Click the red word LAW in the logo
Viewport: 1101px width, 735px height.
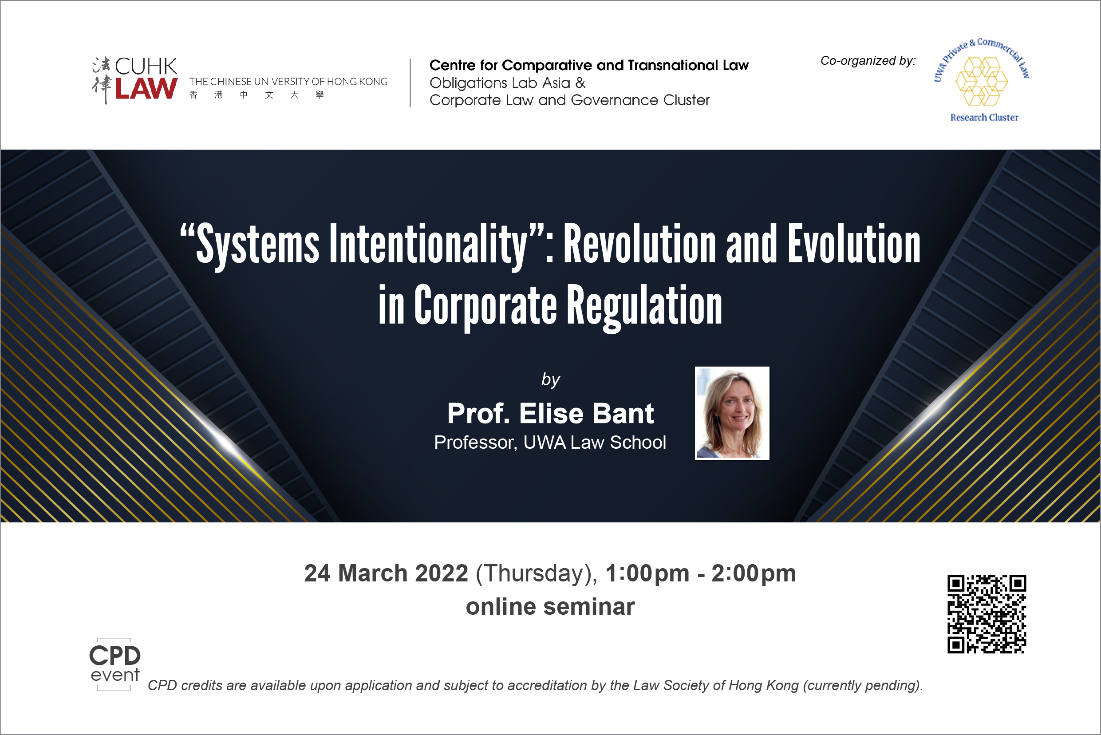click(146, 89)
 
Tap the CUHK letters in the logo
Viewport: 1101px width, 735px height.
click(146, 67)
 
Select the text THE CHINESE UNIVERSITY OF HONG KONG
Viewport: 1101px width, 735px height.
click(288, 82)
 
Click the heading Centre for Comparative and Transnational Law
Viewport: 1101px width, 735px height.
click(589, 65)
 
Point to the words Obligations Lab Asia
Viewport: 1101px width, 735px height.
click(500, 83)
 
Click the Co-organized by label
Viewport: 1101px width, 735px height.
click(868, 60)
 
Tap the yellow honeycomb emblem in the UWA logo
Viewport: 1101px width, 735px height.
click(982, 81)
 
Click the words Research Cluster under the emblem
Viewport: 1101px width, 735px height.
click(984, 117)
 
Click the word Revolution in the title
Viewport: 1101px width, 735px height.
click(639, 244)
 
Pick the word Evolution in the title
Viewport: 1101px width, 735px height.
click(854, 244)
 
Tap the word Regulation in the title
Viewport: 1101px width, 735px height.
click(644, 307)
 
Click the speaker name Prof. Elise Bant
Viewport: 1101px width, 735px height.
click(550, 414)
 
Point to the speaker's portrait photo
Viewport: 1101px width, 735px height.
click(732, 413)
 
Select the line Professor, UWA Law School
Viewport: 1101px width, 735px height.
click(550, 443)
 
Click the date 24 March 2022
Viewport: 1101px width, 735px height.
click(386, 573)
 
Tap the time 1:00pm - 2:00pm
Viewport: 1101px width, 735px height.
click(700, 573)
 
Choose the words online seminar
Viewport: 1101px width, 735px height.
click(550, 607)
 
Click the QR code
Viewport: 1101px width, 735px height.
click(987, 614)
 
